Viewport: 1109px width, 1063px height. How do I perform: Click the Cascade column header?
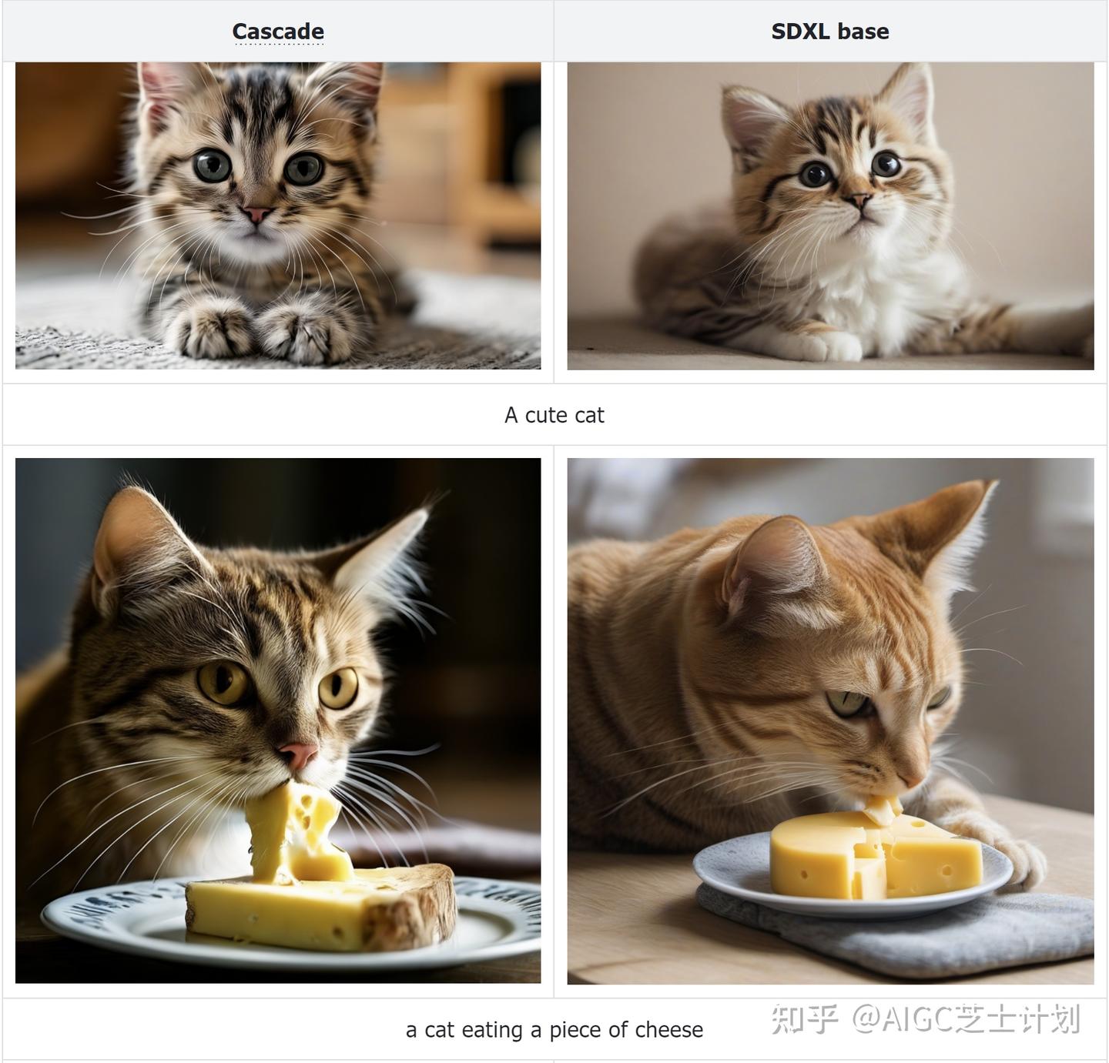click(x=278, y=32)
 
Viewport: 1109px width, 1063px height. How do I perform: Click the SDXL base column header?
click(x=829, y=32)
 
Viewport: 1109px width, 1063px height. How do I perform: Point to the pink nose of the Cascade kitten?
click(x=256, y=214)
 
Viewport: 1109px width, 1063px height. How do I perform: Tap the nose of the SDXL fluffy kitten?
click(x=859, y=199)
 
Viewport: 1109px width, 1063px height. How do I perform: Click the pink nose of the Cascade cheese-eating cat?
click(x=298, y=754)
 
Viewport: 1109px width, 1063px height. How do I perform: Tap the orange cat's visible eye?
click(x=847, y=704)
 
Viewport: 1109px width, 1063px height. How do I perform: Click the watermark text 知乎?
click(x=804, y=1019)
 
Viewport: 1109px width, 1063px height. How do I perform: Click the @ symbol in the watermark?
click(x=867, y=1019)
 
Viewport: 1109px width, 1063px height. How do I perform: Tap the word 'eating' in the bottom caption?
click(x=492, y=1030)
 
